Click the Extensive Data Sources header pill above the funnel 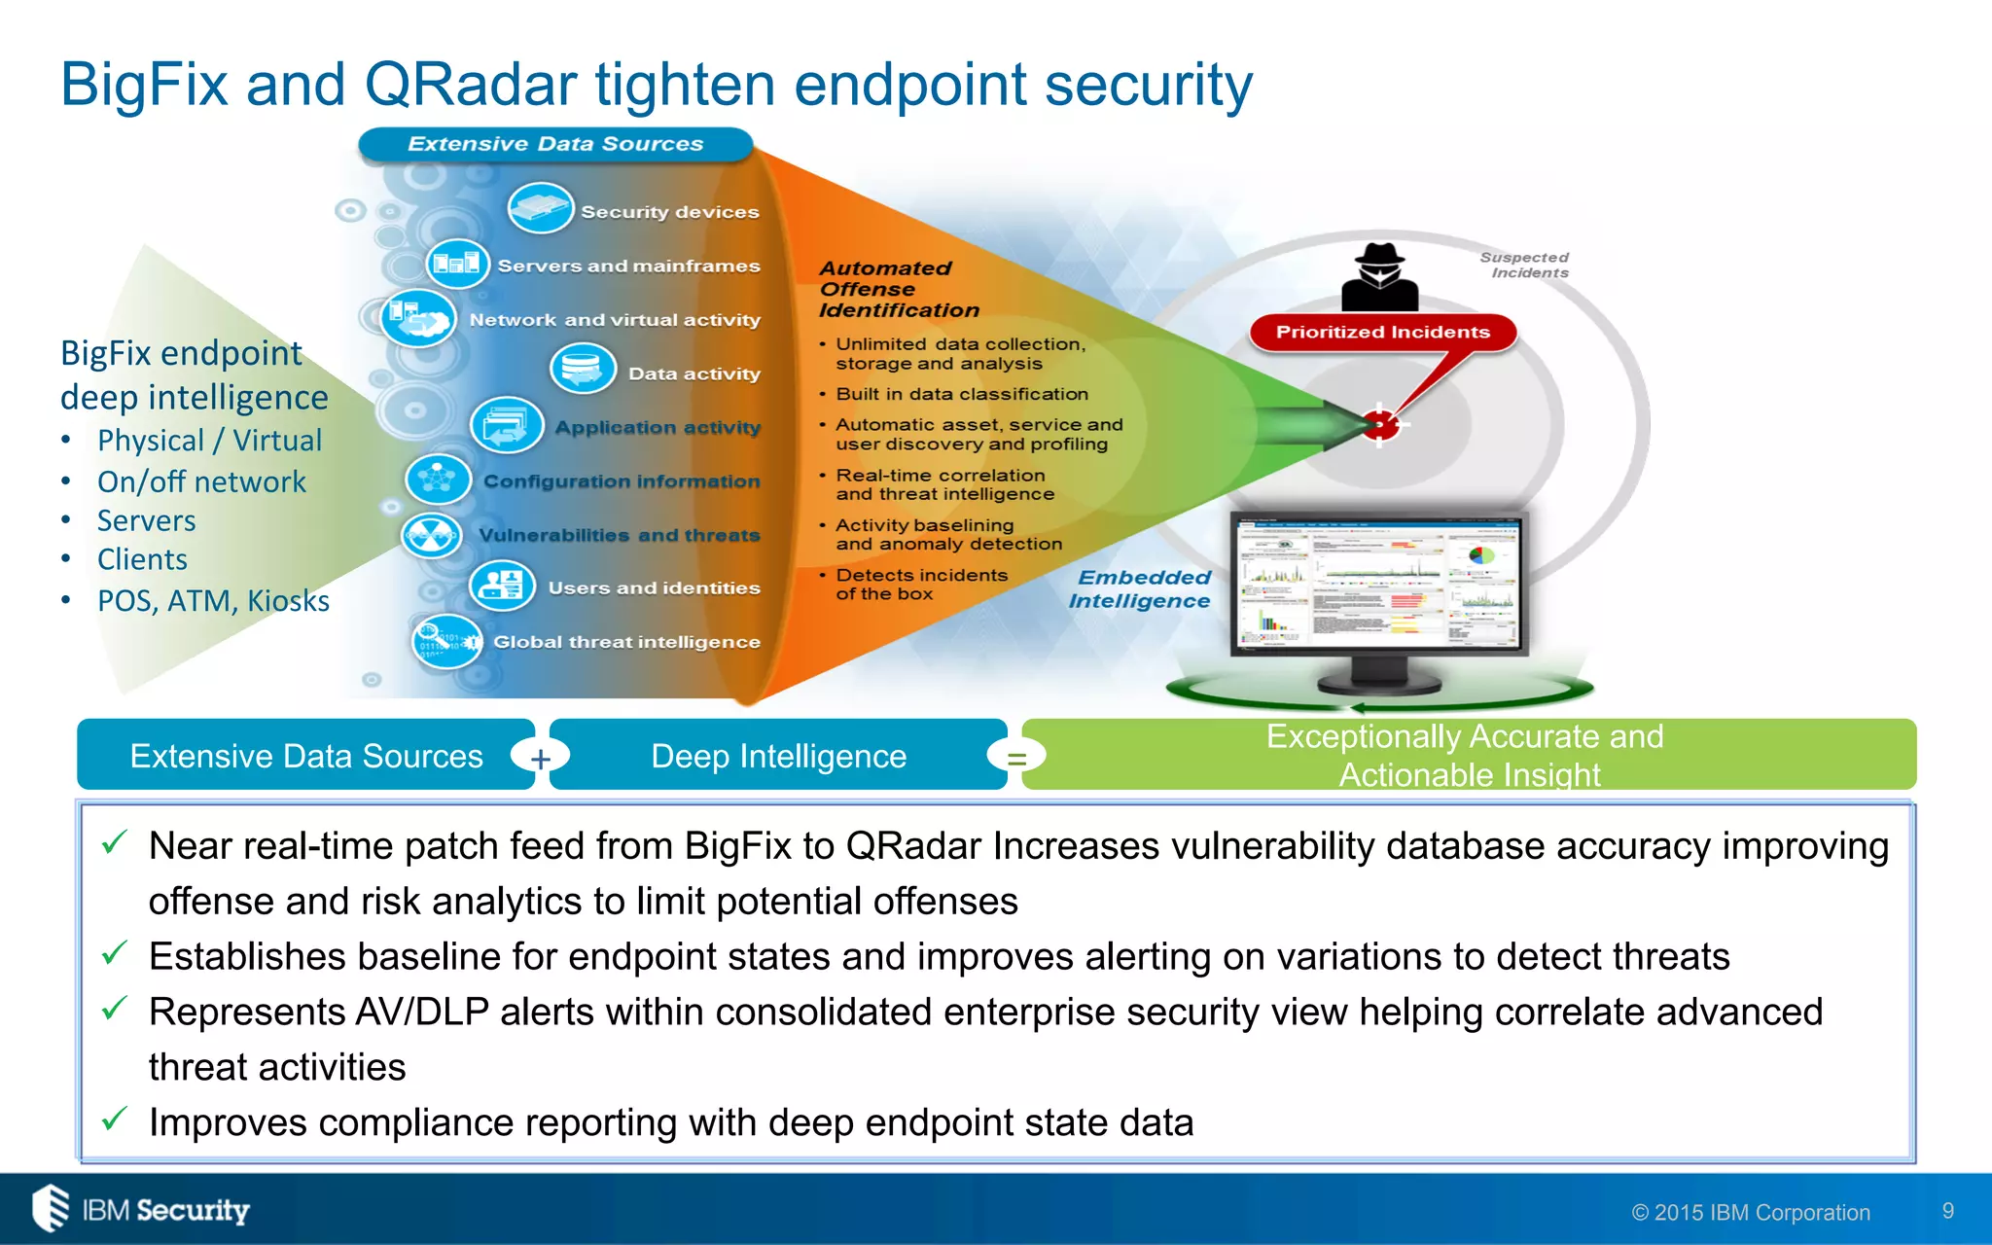[x=555, y=144]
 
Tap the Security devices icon [x=540, y=208]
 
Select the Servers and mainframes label [x=628, y=266]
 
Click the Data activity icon [x=583, y=371]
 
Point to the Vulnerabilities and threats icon [x=432, y=535]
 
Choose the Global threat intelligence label [x=626, y=642]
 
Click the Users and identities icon [x=502, y=586]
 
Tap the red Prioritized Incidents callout [x=1382, y=333]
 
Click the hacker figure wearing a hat [x=1379, y=277]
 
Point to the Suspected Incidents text [x=1525, y=265]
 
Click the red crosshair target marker [x=1379, y=424]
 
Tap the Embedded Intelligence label [x=1141, y=589]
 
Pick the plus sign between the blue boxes [x=541, y=758]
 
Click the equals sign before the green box [x=1016, y=758]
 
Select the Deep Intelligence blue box [x=778, y=756]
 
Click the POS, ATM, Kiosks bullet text [x=213, y=601]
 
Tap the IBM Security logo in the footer [x=142, y=1209]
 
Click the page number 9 [x=1947, y=1211]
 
